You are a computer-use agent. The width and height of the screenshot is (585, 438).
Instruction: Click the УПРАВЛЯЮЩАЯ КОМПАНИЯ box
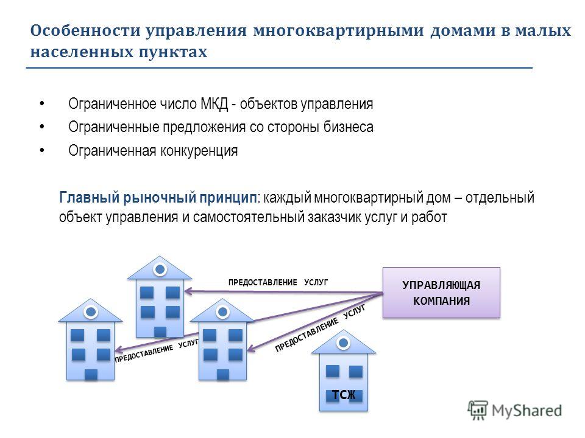pyautogui.click(x=441, y=293)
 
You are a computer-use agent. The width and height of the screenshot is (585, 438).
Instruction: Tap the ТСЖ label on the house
pyautogui.click(x=344, y=394)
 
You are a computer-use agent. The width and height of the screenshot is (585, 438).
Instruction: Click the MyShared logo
pyautogui.click(x=514, y=410)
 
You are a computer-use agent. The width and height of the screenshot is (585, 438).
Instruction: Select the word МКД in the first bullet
pyautogui.click(x=214, y=103)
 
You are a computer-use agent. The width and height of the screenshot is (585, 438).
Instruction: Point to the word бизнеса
pyautogui.click(x=348, y=127)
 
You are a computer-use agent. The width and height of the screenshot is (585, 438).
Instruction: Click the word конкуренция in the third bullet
pyautogui.click(x=199, y=151)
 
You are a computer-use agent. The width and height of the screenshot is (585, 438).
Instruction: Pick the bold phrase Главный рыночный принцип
pyautogui.click(x=158, y=197)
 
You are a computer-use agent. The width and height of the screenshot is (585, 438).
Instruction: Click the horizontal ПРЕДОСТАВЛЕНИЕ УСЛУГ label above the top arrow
pyautogui.click(x=278, y=282)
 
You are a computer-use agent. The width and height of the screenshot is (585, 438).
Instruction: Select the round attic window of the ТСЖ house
pyautogui.click(x=343, y=343)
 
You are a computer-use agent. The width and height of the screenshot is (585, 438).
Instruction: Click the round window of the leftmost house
pyautogui.click(x=91, y=311)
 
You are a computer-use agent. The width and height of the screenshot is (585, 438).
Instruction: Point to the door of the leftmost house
pyautogui.click(x=91, y=374)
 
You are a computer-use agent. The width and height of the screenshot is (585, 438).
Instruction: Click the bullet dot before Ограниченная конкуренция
pyautogui.click(x=42, y=150)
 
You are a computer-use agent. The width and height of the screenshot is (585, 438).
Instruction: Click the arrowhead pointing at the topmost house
pyautogui.click(x=188, y=291)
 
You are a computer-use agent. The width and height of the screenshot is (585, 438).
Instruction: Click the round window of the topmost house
pyautogui.click(x=160, y=269)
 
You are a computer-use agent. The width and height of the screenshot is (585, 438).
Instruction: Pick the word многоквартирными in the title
pyautogui.click(x=338, y=30)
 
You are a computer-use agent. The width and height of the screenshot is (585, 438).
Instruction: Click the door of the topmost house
pyautogui.click(x=160, y=332)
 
